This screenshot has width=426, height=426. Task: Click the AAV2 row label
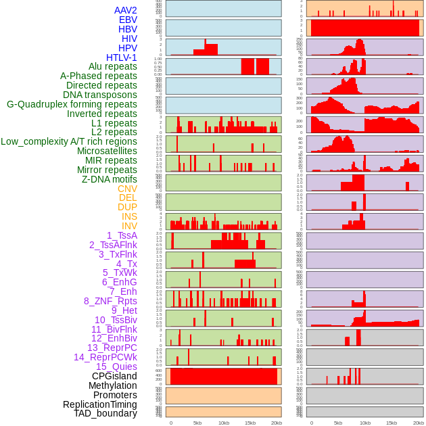[x=125, y=11]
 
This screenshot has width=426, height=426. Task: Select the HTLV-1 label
[x=121, y=57]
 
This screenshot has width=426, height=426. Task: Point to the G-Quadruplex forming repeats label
[x=72, y=104]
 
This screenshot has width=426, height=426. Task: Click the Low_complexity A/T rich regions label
[x=69, y=141]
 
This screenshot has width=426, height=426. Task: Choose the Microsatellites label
[x=107, y=151]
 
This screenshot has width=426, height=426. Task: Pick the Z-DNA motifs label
[x=109, y=179]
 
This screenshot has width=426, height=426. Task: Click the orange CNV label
[x=127, y=189]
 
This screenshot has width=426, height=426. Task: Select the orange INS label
[x=128, y=216]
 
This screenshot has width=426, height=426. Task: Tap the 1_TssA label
[x=122, y=235]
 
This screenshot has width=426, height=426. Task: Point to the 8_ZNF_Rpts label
[x=110, y=301]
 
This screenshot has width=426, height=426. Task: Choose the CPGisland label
[x=114, y=376]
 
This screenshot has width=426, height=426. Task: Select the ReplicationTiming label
[x=99, y=404]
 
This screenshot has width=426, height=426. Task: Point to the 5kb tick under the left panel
[x=197, y=423]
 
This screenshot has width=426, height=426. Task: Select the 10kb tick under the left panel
[x=223, y=423]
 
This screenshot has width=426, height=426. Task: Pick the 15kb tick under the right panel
[x=391, y=423]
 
